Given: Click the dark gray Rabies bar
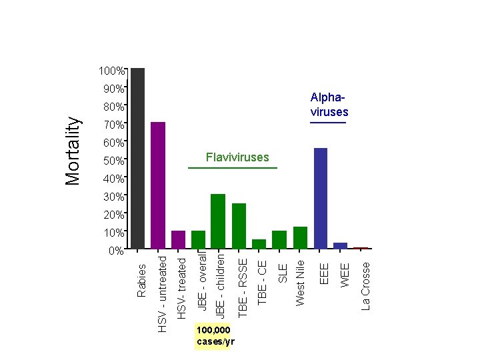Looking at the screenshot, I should (138, 158).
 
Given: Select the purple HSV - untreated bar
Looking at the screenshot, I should (158, 185).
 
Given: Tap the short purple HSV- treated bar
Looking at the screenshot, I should (178, 239).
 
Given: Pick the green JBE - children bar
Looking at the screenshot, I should (218, 221).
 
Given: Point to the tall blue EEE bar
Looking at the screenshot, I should (320, 198).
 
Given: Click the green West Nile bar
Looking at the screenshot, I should (300, 237).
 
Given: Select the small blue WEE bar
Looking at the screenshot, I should (340, 245).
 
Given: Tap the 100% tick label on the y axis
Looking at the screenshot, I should (111, 71).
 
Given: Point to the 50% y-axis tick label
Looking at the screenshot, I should (113, 161).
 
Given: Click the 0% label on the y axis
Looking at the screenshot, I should (116, 251).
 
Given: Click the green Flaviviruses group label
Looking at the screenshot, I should (237, 157).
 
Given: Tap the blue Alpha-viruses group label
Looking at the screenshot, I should (329, 105).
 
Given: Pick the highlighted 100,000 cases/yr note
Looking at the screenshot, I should (213, 337).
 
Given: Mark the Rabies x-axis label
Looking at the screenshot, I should (141, 280).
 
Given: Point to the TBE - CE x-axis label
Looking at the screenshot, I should (263, 278).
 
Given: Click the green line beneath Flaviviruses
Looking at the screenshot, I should (232, 168).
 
